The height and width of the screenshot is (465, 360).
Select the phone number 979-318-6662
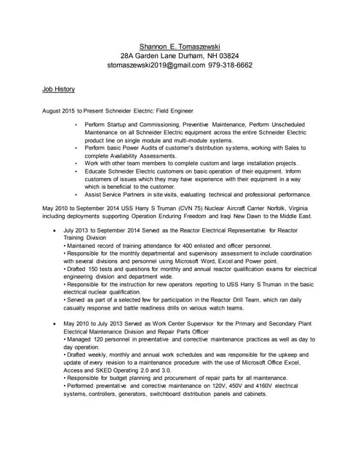[x=231, y=65]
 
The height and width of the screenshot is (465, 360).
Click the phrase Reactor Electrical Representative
[x=213, y=230]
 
